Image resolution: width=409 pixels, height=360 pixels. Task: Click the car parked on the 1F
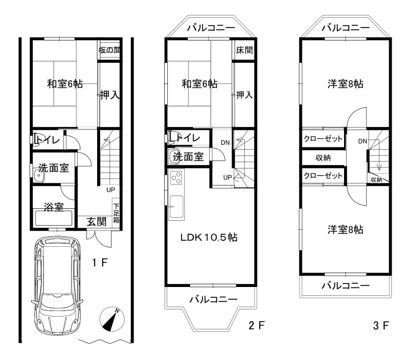57,285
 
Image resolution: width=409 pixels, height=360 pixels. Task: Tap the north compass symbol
112,319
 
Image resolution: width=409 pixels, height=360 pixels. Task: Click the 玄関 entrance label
97,222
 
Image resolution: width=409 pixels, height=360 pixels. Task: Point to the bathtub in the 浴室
54,218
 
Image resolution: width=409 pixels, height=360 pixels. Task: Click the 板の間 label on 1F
109,50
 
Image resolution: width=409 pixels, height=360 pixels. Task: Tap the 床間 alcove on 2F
244,50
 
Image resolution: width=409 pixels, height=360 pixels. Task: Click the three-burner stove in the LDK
176,178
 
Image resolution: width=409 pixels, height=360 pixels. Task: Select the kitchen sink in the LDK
176,207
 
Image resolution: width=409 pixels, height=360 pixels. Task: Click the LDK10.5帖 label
209,237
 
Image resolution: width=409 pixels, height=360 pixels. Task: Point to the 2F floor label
257,325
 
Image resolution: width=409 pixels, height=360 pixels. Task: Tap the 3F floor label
381,325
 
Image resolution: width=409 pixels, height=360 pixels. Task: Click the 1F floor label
100,262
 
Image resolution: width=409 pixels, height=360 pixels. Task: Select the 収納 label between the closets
323,158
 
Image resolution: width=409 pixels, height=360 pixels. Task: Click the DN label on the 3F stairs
362,141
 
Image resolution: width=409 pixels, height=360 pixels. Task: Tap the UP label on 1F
110,189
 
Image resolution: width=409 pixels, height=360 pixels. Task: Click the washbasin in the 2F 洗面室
174,157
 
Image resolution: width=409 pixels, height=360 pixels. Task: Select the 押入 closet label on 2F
244,95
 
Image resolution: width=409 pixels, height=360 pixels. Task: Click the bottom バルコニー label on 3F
346,286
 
